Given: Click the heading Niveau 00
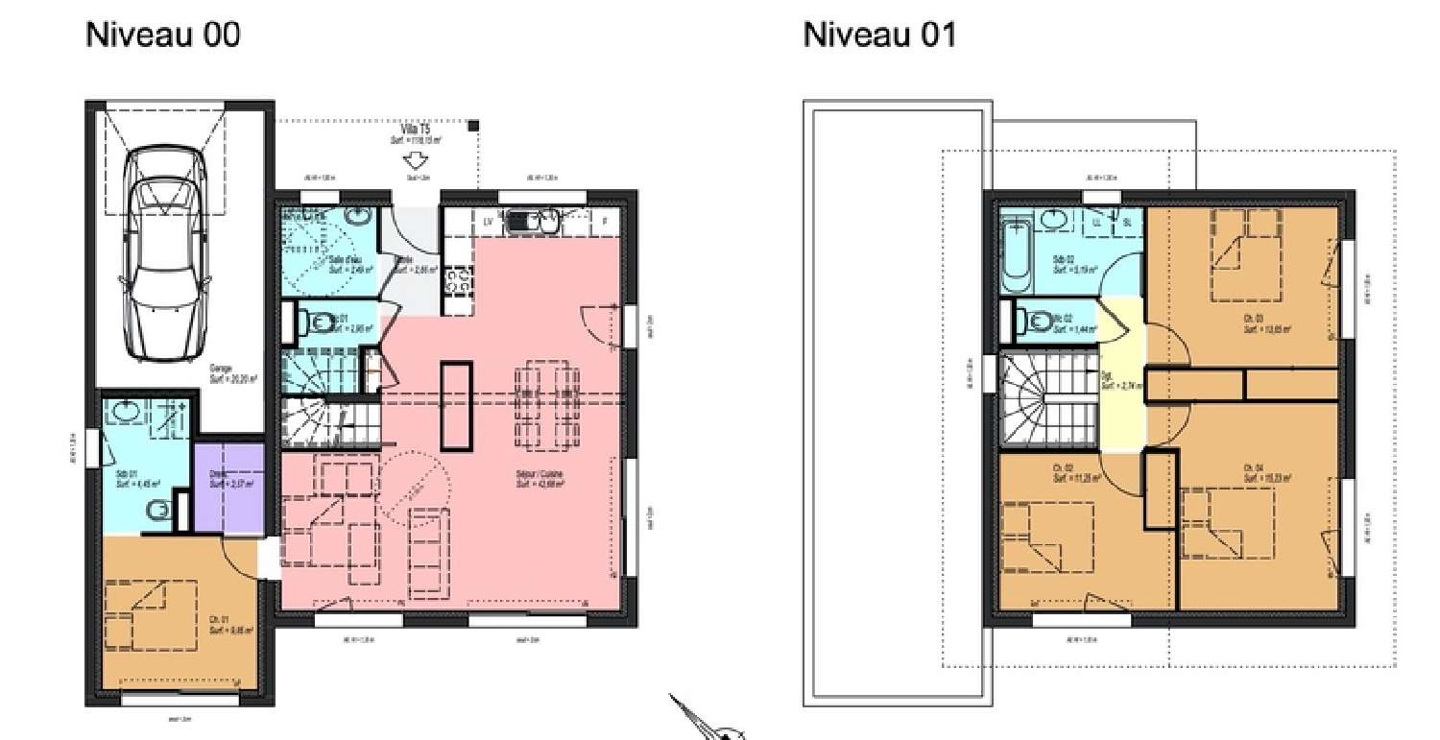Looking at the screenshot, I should point(162,36).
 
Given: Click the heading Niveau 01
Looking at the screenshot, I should point(878,36).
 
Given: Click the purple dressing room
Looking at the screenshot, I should point(228,487).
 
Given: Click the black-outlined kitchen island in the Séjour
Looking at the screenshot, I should point(456,405).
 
